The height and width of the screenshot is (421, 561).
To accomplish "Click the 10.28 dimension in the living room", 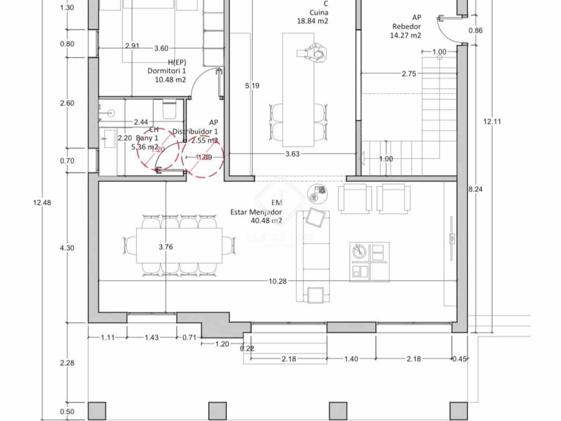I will pos(277,281).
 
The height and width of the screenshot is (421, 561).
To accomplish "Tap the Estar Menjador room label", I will pos(256,212).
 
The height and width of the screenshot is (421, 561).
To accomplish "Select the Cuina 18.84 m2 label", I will pos(313,16).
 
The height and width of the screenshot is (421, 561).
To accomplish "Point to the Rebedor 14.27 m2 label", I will pos(406,31).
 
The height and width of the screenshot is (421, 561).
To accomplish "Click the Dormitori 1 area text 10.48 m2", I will pos(170,80).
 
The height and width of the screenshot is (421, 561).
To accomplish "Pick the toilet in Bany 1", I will pos(169,109).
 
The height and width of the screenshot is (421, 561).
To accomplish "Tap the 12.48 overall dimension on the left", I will pos(42,202).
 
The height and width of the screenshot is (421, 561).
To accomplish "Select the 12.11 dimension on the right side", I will pos(492,121).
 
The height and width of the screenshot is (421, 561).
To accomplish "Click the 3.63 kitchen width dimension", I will pos(292,154).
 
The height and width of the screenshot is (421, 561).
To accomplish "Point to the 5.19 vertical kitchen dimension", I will pos(252,86).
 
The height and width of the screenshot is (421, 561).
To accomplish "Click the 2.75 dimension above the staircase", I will pos(409,74).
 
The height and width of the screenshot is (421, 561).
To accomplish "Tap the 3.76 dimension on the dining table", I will pos(165,247).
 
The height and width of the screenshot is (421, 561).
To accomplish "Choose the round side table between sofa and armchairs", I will pos(317,193).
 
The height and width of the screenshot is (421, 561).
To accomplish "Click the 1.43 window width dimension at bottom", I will pos(151,338).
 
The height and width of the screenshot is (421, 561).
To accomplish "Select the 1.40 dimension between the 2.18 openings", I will pos(351,359).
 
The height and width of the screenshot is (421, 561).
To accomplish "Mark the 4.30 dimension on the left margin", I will pos(67,248).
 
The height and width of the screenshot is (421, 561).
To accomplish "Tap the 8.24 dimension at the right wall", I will pos(475,189).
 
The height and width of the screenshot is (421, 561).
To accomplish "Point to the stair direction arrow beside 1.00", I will pos(362,159).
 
